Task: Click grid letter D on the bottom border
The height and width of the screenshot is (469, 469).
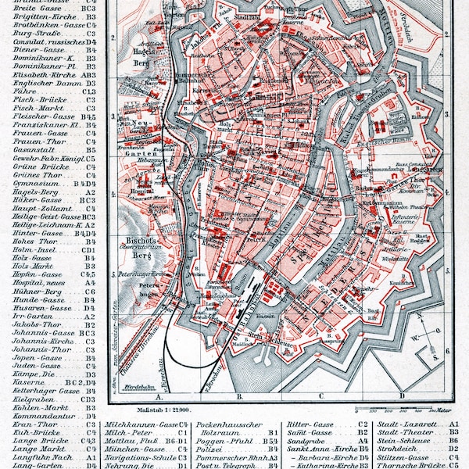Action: coord(401,396)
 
